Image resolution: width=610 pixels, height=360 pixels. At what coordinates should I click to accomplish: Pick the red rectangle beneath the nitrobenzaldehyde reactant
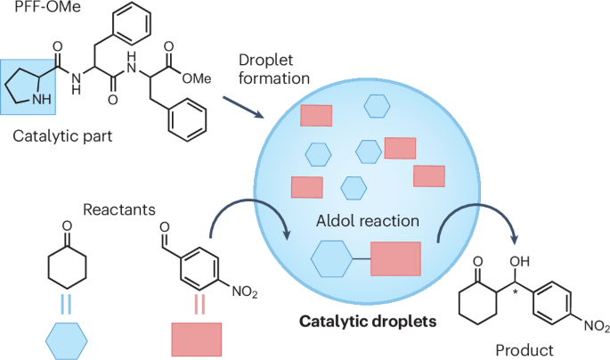(x=196, y=339)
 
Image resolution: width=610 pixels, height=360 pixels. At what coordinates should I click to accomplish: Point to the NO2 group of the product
(x=594, y=323)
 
